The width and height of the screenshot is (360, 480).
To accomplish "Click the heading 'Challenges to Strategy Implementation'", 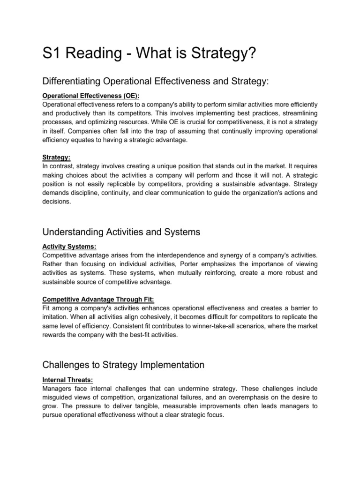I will (124, 364).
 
